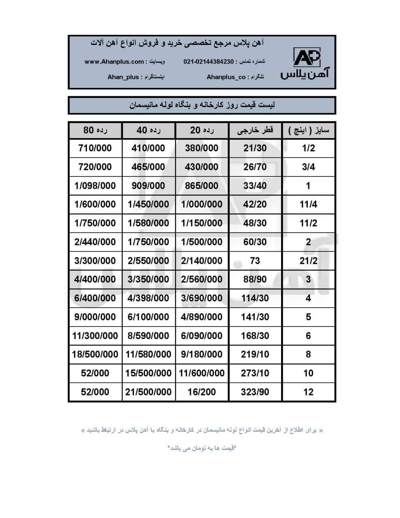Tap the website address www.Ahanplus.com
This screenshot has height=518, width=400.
click(114, 62)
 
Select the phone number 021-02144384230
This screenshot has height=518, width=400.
click(209, 62)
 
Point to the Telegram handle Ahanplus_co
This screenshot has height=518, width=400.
click(226, 77)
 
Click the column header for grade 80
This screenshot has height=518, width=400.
click(95, 130)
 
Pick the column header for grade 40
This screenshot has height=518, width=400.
click(148, 130)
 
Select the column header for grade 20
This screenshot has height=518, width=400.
click(202, 130)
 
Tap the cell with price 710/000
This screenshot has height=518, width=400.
click(95, 148)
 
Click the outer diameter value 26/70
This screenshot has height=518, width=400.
click(255, 167)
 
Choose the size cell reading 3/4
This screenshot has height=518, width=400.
click(308, 167)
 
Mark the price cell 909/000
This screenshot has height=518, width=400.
click(148, 186)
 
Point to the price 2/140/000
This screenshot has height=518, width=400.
click(202, 261)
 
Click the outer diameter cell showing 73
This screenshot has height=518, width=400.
click(255, 261)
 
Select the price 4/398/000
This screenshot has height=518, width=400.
click(148, 298)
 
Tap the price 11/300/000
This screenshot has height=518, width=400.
click(95, 336)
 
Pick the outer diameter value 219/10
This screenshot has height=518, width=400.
click(255, 355)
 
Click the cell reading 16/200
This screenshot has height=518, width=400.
click(202, 392)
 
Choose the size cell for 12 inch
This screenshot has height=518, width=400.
click(308, 392)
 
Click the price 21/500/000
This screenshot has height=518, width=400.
click(148, 392)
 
